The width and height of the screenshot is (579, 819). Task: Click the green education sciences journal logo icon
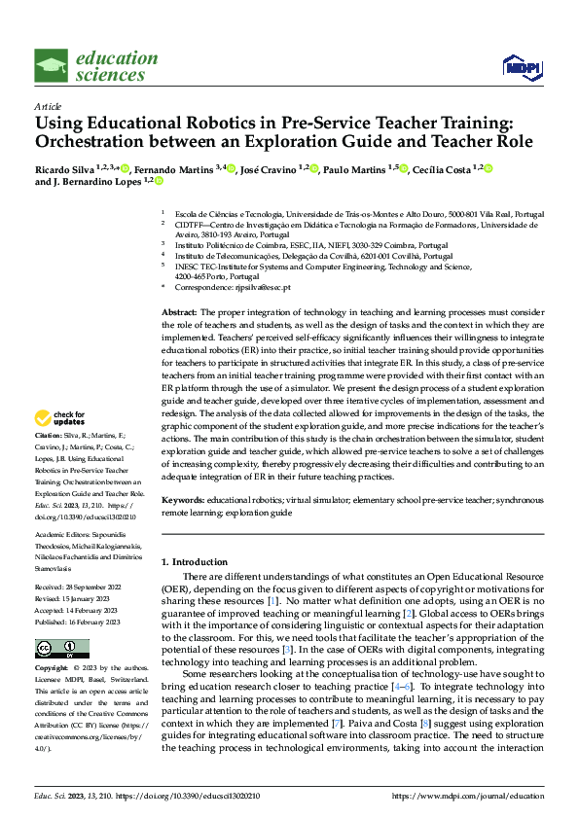point(52,66)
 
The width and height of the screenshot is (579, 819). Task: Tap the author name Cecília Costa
point(442,169)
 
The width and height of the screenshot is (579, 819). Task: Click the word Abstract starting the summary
point(179,310)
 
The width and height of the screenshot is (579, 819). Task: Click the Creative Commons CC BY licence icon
point(62,648)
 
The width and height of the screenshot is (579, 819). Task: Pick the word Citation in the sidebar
point(48,462)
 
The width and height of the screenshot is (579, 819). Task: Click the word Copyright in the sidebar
point(51,668)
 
